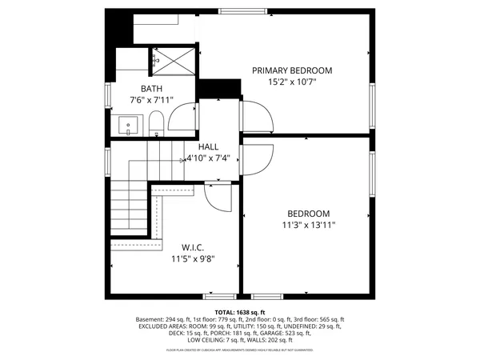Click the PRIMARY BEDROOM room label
click(292, 70)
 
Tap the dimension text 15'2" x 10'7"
click(292, 82)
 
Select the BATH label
click(152, 89)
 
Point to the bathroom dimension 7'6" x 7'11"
click(152, 100)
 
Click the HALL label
click(208, 146)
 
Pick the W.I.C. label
click(193, 247)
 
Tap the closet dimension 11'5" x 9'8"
click(193, 258)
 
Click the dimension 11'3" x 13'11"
click(308, 225)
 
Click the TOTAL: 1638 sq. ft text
click(239, 312)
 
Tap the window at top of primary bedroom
click(244, 11)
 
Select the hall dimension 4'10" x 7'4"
click(208, 158)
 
